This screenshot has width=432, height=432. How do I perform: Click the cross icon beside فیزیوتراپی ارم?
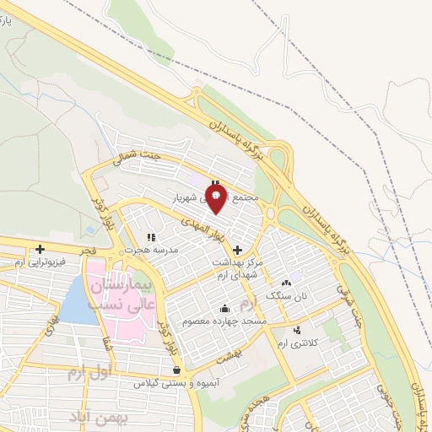coord(40,249)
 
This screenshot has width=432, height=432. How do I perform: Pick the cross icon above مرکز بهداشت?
coord(237,250)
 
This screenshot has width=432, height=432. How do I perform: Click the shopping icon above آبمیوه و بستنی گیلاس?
coord(175,370)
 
